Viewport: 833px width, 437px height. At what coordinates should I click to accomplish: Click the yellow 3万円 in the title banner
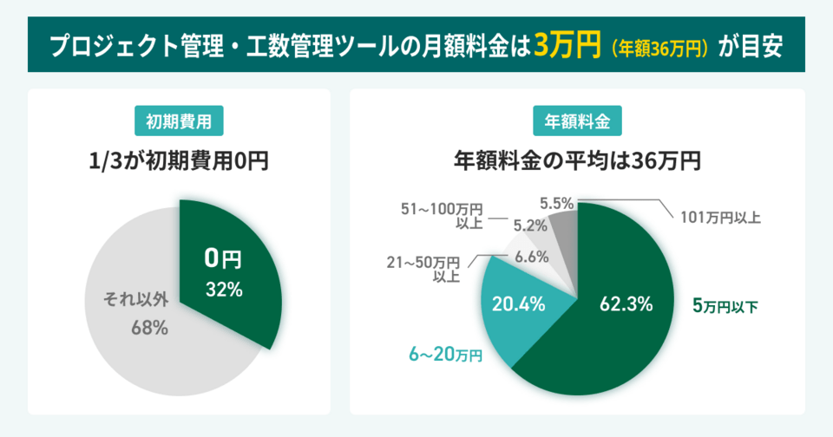(x=567, y=45)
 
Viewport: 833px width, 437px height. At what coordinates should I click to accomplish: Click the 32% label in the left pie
(x=223, y=290)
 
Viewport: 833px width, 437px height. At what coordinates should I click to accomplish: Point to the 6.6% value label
(x=531, y=256)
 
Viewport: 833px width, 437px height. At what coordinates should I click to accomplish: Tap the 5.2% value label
(x=529, y=225)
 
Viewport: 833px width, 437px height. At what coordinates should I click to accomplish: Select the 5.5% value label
(x=556, y=204)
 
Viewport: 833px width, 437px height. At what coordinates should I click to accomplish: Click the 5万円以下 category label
(x=725, y=305)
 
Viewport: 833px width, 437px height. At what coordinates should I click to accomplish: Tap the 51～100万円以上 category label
(x=442, y=216)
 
